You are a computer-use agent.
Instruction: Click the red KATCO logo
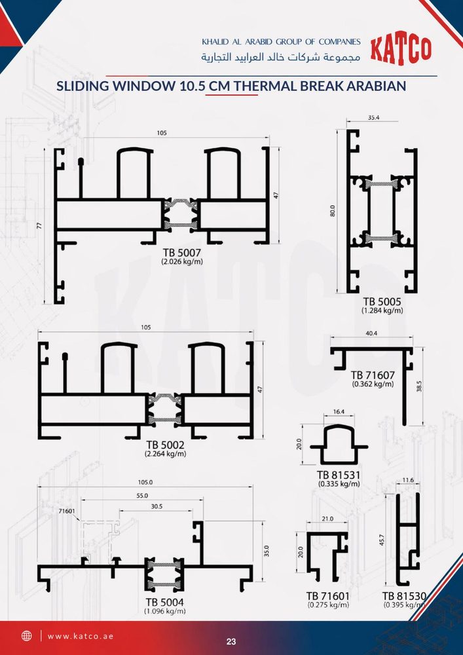pyautogui.click(x=401, y=50)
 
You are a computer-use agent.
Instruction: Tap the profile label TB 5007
pyautogui.click(x=182, y=253)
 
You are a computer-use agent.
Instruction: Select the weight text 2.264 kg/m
pyautogui.click(x=165, y=454)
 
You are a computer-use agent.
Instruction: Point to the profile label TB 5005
pyautogui.click(x=382, y=301)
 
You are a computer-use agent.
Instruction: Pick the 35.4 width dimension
pyautogui.click(x=373, y=118)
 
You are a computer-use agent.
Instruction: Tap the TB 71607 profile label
pyautogui.click(x=373, y=375)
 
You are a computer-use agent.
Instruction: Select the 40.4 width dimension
pyautogui.click(x=371, y=333)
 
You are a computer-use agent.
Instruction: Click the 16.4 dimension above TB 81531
pyautogui.click(x=339, y=412)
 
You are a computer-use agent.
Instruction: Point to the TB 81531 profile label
pyautogui.click(x=339, y=476)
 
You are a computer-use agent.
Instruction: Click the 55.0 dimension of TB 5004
pyautogui.click(x=142, y=495)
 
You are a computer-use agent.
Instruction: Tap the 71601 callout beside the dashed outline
pyautogui.click(x=67, y=511)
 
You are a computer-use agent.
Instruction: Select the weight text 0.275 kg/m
pyautogui.click(x=328, y=605)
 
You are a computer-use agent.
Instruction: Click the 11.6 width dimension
pyautogui.click(x=408, y=481)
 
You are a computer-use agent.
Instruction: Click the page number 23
pyautogui.click(x=231, y=642)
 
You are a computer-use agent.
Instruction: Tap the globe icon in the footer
pyautogui.click(x=27, y=636)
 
